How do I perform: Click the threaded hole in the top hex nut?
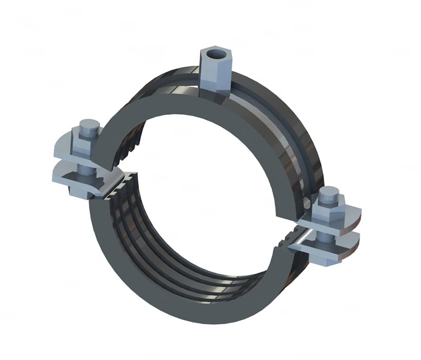coord(211,53)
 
